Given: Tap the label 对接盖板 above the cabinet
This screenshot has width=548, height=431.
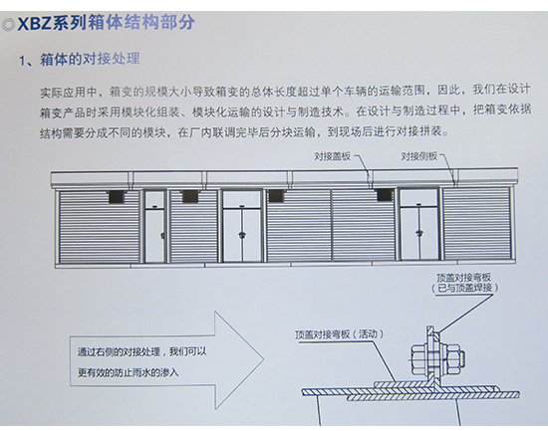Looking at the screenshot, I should pos(333,156).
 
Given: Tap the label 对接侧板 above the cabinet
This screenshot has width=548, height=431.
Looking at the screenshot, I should pos(420,156).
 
